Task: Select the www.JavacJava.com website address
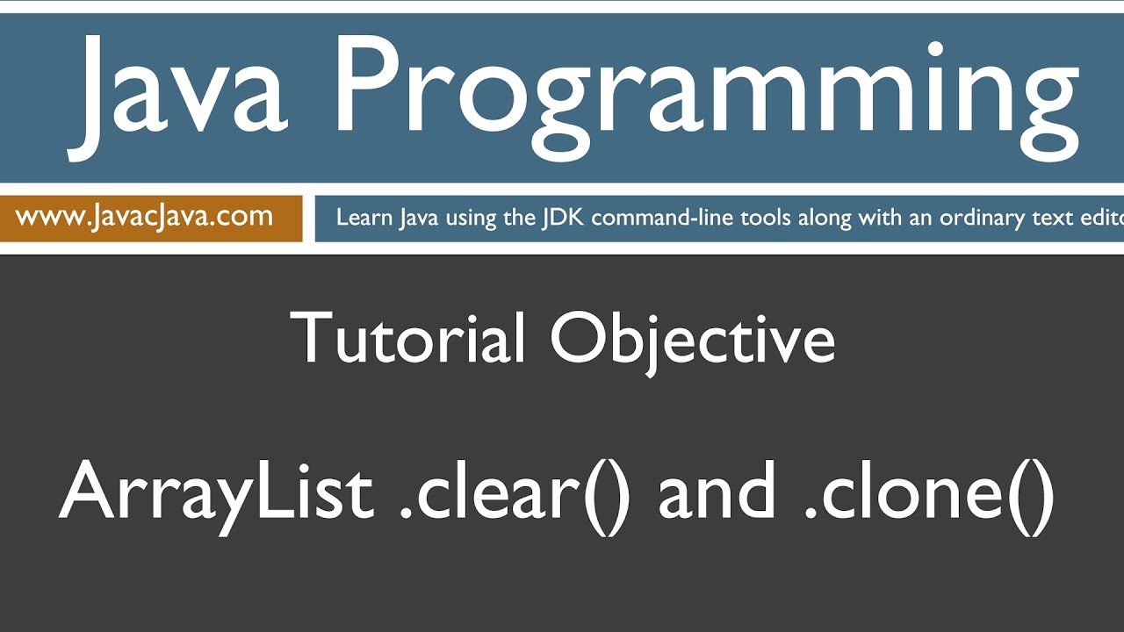[x=144, y=217]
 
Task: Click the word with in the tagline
[x=879, y=218]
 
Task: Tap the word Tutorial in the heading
[x=408, y=339]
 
